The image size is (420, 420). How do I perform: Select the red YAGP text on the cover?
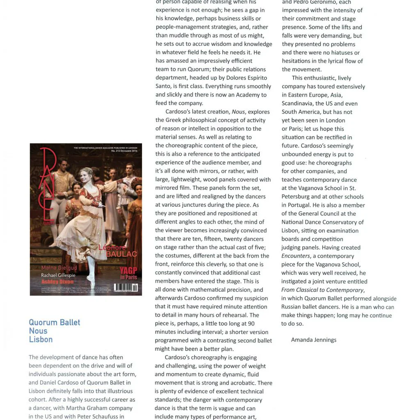128,271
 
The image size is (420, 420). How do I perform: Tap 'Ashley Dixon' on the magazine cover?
57,282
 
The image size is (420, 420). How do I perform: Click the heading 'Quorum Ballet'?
55,322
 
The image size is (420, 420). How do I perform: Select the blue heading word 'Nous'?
38,331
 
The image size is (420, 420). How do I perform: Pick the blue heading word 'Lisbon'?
41,340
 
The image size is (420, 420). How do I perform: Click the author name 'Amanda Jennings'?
314,340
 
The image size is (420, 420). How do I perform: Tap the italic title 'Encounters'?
296,256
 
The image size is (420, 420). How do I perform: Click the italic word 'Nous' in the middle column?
238,112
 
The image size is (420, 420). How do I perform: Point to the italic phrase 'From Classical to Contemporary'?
322,290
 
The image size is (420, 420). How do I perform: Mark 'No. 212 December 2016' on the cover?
125,151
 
